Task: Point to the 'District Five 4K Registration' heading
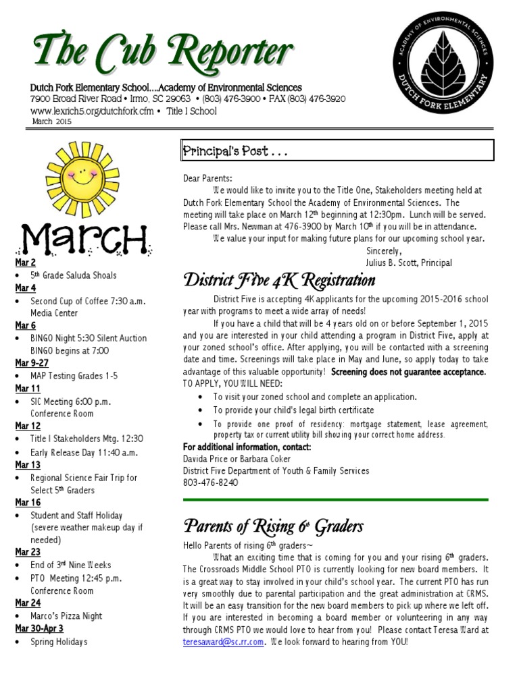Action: (278, 280)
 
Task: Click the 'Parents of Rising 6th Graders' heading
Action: (273, 526)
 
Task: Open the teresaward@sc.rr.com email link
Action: (223, 642)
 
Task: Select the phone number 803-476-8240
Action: (210, 482)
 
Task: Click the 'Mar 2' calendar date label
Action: (26, 262)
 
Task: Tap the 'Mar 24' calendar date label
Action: (28, 603)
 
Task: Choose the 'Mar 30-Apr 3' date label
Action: (39, 629)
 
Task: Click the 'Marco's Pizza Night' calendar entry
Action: (66, 616)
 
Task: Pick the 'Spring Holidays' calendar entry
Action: (59, 642)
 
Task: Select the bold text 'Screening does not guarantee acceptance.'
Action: (409, 372)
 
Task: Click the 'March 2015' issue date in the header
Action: (51, 121)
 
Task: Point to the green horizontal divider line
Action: (335, 499)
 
